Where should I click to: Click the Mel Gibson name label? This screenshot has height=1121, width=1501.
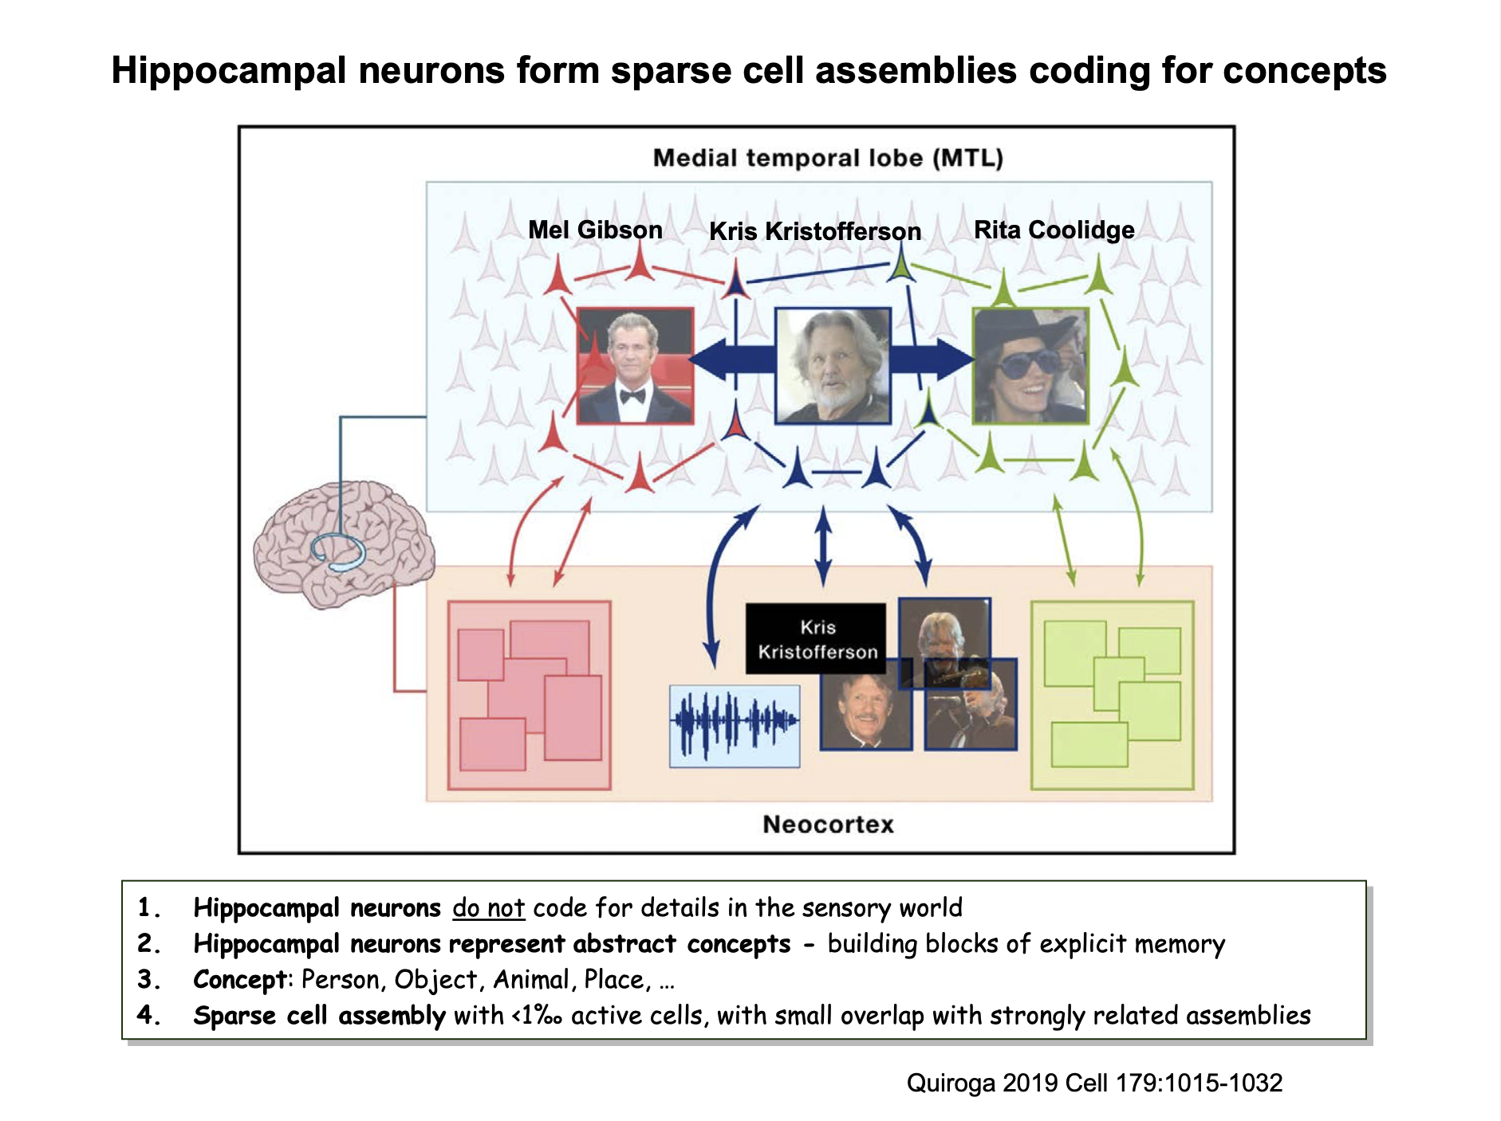pyautogui.click(x=595, y=230)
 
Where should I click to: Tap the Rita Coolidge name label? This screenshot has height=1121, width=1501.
pyautogui.click(x=1054, y=230)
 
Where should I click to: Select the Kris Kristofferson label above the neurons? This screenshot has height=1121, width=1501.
pyautogui.click(x=815, y=231)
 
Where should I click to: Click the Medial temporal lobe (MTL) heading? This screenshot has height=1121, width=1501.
pyautogui.click(x=828, y=158)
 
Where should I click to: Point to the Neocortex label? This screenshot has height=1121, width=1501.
pyautogui.click(x=828, y=824)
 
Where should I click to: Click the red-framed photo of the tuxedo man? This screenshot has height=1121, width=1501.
pyautogui.click(x=635, y=365)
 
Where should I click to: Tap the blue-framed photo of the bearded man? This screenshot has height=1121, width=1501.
pyautogui.click(x=833, y=365)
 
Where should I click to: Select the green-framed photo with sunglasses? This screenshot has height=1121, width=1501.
pyautogui.click(x=1030, y=365)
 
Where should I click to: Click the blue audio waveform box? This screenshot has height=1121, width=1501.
pyautogui.click(x=734, y=726)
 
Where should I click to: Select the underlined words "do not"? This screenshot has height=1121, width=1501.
pyautogui.click(x=488, y=908)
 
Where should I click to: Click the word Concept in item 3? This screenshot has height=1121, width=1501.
pyautogui.click(x=240, y=980)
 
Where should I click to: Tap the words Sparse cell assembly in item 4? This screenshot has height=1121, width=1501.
pyautogui.click(x=319, y=1016)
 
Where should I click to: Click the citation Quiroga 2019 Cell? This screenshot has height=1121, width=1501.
pyautogui.click(x=1094, y=1083)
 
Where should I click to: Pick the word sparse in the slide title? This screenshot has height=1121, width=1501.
pyautogui.click(x=672, y=70)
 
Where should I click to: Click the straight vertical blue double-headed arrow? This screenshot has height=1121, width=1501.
pyautogui.click(x=824, y=547)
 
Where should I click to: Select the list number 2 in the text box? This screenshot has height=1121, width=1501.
pyautogui.click(x=148, y=944)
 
